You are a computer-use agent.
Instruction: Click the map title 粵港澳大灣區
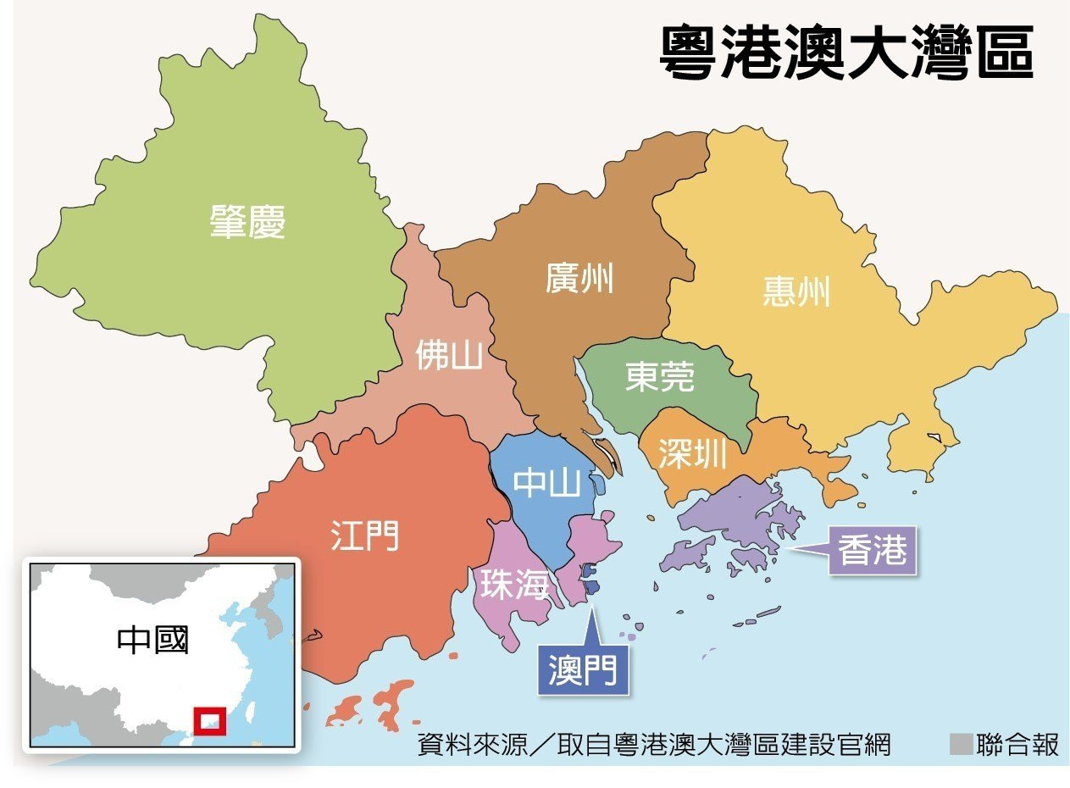pos(845,53)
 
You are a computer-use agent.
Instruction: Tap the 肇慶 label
pos(247,223)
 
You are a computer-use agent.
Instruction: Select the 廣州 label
pos(579,277)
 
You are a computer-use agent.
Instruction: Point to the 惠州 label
pos(796,291)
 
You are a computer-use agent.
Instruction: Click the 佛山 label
pos(448,356)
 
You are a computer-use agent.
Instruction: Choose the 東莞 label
pos(659,377)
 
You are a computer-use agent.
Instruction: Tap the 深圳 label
pos(692,455)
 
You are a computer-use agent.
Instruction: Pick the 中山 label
pos(548,483)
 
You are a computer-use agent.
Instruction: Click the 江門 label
pos(364,536)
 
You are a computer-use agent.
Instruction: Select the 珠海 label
pos(514,585)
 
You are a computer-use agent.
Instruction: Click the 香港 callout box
pos(873,552)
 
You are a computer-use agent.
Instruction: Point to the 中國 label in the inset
pos(153,640)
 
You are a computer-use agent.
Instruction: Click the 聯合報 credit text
pos(1017,745)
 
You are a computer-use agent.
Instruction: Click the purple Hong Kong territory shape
pos(737,517)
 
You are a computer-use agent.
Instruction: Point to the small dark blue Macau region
pos(591,585)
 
